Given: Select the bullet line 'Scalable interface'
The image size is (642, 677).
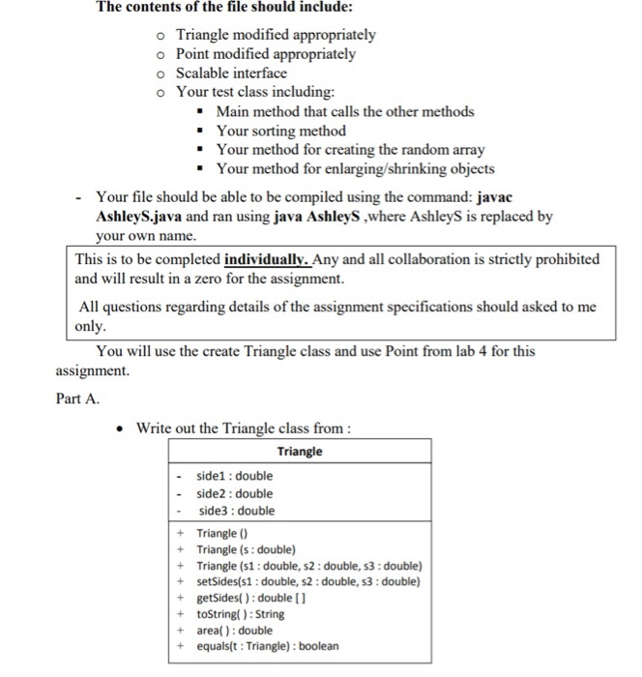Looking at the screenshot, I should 231,73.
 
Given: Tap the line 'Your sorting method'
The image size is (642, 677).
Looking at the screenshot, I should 280,131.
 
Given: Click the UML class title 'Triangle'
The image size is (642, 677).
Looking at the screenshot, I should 300,452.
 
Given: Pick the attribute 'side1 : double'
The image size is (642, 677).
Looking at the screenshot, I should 235,476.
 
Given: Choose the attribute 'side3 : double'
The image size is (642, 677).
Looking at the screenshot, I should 236,511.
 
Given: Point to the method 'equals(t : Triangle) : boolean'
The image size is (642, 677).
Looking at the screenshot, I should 268,646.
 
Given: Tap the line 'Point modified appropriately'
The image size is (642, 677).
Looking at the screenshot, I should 266,54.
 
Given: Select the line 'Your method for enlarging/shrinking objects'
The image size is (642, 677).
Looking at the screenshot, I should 355,168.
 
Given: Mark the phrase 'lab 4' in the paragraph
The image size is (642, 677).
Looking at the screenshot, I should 440,351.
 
